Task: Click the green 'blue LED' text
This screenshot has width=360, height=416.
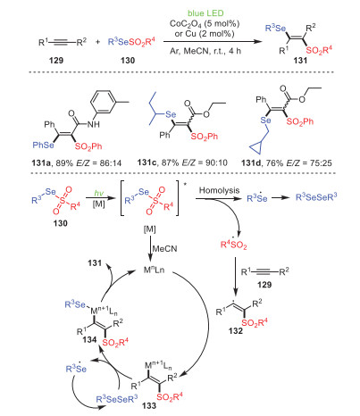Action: click(x=205, y=13)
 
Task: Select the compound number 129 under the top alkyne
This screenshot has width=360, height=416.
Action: click(x=56, y=61)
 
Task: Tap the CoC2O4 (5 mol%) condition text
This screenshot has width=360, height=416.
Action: click(x=205, y=23)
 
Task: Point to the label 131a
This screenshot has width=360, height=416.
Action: click(x=42, y=162)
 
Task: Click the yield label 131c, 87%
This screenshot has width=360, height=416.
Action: click(x=161, y=162)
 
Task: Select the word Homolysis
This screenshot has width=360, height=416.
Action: click(x=219, y=190)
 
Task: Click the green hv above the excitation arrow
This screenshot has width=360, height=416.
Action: click(x=98, y=193)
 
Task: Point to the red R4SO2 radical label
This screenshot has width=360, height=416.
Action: click(x=234, y=245)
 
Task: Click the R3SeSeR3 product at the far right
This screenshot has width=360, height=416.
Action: click(x=316, y=197)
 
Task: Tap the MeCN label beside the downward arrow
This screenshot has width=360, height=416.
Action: click(x=164, y=248)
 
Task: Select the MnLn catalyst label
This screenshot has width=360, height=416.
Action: click(x=154, y=270)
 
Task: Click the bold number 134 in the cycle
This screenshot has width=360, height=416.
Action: click(x=89, y=339)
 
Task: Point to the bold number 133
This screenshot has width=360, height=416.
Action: click(x=149, y=405)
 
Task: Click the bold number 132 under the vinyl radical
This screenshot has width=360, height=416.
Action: click(x=236, y=330)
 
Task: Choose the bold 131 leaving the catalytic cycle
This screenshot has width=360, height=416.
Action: click(x=95, y=263)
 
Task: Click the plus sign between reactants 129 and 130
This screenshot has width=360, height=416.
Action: click(x=98, y=42)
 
